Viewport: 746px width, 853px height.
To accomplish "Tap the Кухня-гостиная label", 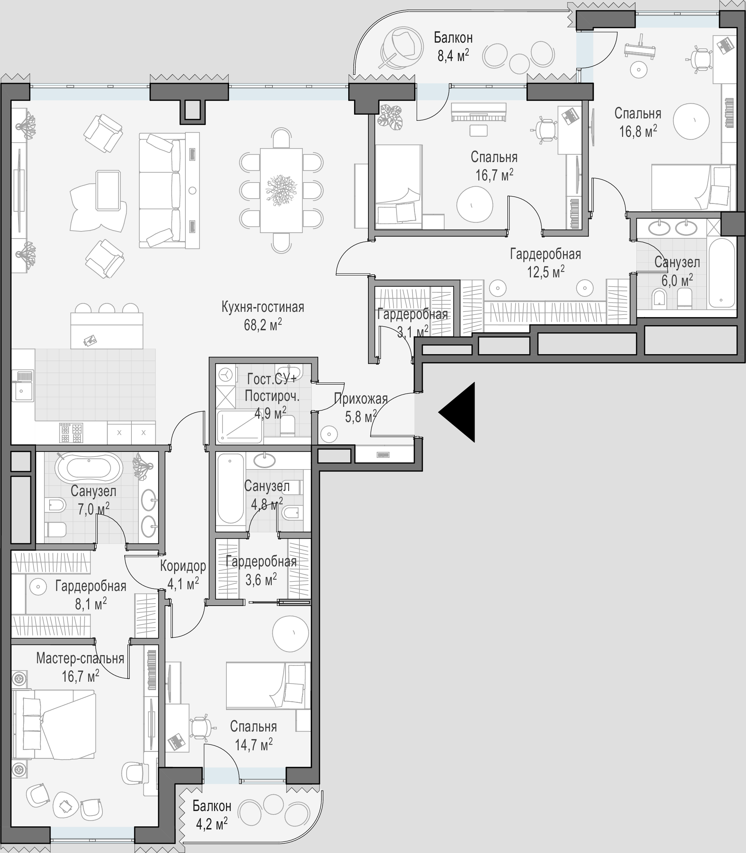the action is click(x=263, y=307).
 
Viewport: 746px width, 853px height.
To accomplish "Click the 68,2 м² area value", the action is click(x=263, y=325).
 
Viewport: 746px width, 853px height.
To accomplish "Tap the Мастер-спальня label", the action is click(x=80, y=658).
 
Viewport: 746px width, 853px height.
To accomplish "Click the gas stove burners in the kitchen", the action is click(x=71, y=433).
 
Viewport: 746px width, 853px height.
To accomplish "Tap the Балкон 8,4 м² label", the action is click(x=453, y=46).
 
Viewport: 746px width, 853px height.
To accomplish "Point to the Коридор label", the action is click(x=183, y=566).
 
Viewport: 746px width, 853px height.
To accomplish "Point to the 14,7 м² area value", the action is click(x=254, y=744).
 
